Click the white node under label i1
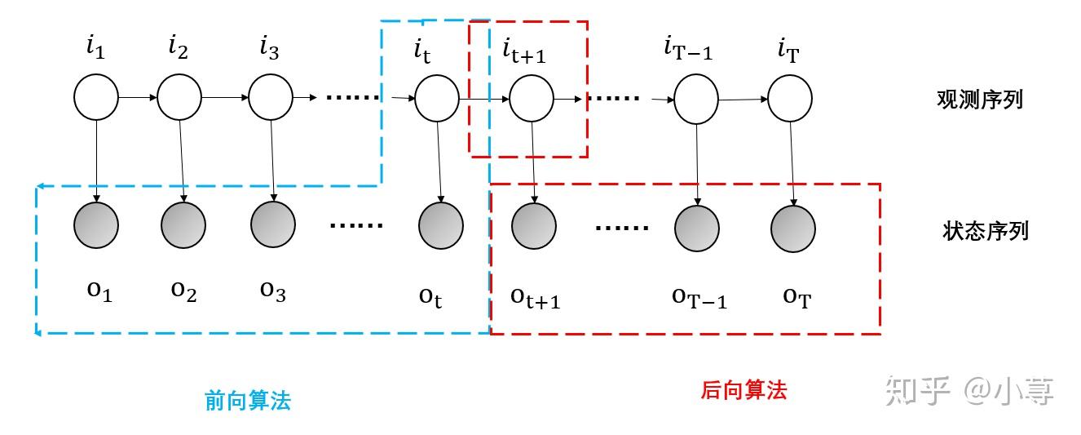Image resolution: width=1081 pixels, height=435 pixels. (96, 97)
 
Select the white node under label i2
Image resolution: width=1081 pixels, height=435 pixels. (179, 97)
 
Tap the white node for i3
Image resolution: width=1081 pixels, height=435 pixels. (271, 97)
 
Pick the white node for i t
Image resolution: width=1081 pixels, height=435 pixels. (437, 100)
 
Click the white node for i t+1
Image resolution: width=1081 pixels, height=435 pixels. (532, 100)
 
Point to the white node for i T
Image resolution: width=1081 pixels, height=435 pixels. (790, 99)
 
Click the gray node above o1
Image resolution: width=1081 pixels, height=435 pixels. (95, 224)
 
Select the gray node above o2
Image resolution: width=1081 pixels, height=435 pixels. (183, 224)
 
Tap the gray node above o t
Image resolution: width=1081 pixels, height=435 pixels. (441, 225)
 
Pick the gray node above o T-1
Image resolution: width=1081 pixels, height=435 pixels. (697, 228)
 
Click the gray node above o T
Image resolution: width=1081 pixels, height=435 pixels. (793, 228)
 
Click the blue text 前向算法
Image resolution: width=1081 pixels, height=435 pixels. (247, 401)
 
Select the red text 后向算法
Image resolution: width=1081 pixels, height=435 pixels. (743, 390)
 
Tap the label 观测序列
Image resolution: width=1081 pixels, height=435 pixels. (979, 100)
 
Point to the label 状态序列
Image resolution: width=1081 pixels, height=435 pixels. (985, 231)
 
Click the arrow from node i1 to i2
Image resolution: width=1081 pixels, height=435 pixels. (138, 97)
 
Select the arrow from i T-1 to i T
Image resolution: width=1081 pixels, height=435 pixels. (743, 100)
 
